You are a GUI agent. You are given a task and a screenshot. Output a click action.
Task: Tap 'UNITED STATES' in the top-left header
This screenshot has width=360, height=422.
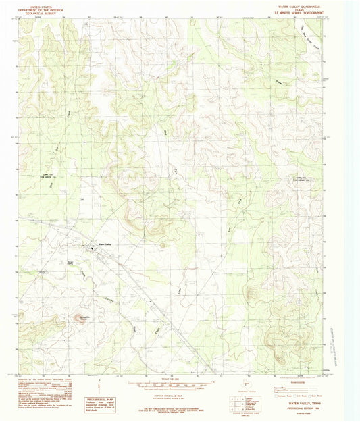pos(41,5)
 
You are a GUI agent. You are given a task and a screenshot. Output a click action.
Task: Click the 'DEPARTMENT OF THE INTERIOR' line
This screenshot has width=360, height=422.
pos(41,8)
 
